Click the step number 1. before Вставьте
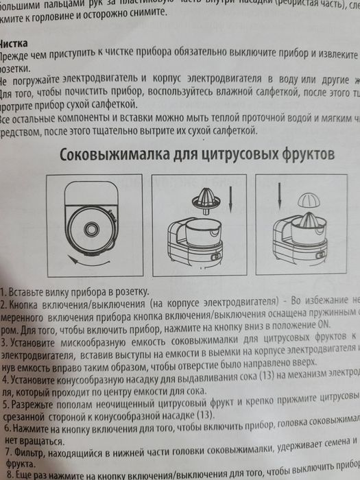click(x=4, y=291)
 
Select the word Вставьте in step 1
click(x=27, y=291)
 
